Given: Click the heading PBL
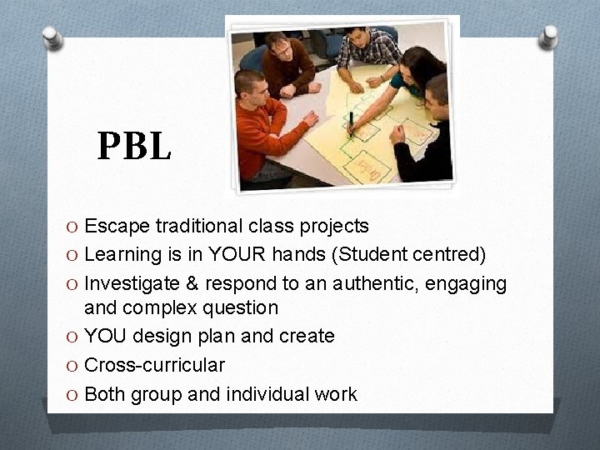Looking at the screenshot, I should click(134, 146).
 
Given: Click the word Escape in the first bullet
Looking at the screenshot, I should click(112, 226).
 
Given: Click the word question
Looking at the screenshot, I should click(240, 308).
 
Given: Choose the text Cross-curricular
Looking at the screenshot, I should click(155, 365).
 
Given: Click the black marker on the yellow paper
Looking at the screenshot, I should click(351, 123).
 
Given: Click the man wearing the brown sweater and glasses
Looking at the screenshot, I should click(287, 67).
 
